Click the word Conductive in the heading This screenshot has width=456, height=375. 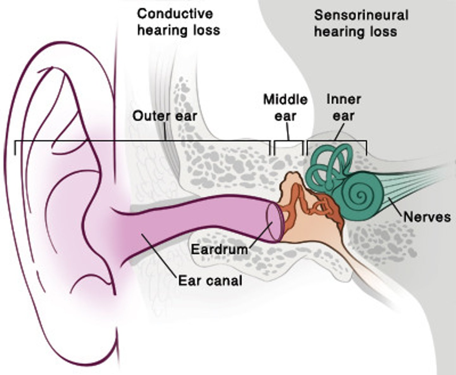[175, 14]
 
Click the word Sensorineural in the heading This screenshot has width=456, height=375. [361, 15]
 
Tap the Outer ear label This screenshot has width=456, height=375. [165, 116]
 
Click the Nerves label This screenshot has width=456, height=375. [427, 217]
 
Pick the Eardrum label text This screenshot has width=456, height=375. [219, 249]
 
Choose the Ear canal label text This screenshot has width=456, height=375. [210, 281]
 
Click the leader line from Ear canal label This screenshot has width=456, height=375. [158, 255]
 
